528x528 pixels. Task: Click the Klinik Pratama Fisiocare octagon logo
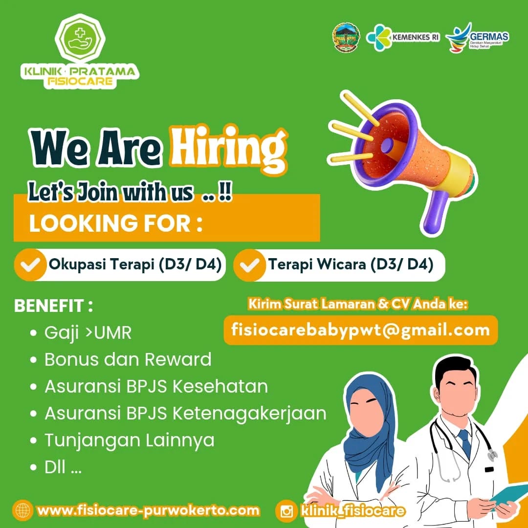(x=80, y=39)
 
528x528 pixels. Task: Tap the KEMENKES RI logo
(x=403, y=37)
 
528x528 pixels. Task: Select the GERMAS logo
(x=477, y=37)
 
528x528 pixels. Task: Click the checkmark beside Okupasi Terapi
(x=30, y=265)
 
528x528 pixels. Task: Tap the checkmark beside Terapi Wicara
(x=249, y=265)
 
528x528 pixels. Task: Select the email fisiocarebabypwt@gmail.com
(x=361, y=330)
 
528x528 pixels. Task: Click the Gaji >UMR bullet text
(x=88, y=333)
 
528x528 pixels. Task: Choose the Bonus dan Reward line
(x=128, y=359)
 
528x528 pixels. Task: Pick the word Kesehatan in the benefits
(x=220, y=386)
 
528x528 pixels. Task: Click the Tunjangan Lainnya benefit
(x=129, y=440)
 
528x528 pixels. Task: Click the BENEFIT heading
(x=54, y=306)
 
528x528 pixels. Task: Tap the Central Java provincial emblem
(x=346, y=37)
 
